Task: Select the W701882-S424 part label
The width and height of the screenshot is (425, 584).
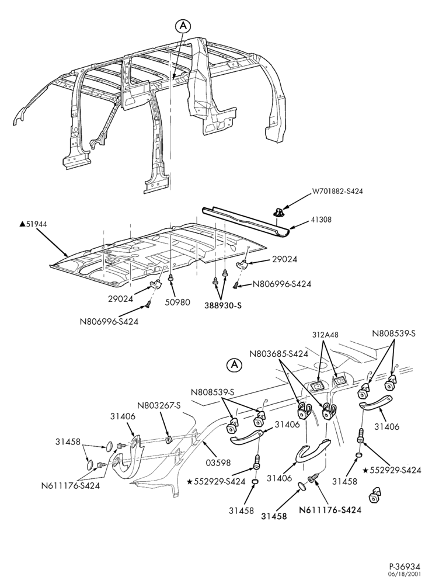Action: coord(337,192)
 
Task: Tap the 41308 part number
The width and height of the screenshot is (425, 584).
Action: coord(321,220)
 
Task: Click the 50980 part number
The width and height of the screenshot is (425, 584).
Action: coord(177,303)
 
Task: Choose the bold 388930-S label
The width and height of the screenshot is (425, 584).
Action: coord(223,305)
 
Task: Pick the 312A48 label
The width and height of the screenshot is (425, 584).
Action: coord(326,335)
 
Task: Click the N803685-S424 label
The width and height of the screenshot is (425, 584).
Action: coord(279,354)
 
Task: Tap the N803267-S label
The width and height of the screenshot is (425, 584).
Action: coord(159,405)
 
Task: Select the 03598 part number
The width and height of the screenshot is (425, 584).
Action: coord(218,463)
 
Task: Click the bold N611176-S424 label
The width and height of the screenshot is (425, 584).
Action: coord(330,510)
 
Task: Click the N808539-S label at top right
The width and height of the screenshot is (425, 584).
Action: coord(393,333)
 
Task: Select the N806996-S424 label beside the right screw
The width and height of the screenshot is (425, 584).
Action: coord(282,284)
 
